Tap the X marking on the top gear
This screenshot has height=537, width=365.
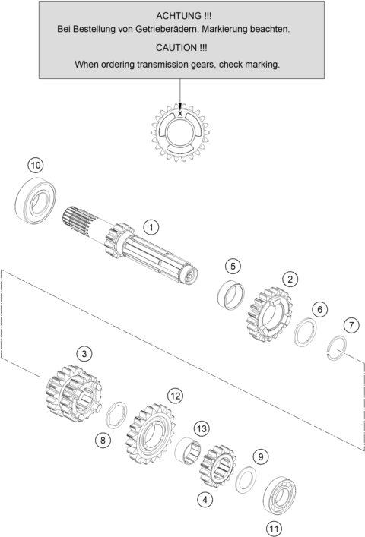pos(180,113)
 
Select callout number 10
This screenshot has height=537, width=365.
pos(36,166)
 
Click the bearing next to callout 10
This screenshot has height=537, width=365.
pos(36,201)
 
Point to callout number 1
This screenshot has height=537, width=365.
pos(151,227)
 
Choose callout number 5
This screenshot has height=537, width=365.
pos(233,266)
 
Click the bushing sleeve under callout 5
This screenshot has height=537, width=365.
pos(231,294)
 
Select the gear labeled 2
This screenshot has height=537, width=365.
pos(269,314)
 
